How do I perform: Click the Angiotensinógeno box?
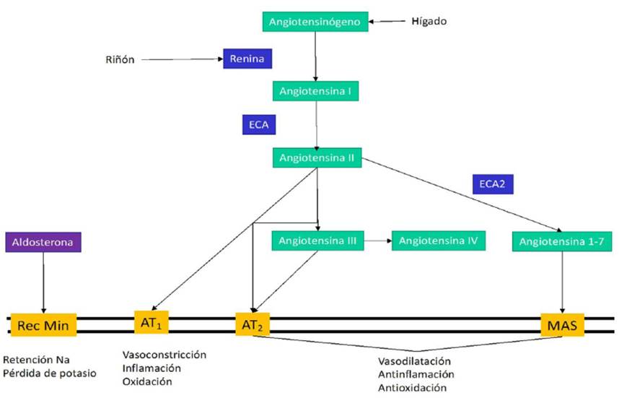[314, 22]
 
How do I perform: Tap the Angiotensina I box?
[315, 91]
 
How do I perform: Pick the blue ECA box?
[259, 124]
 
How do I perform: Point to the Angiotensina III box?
[316, 240]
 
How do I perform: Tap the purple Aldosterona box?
[43, 242]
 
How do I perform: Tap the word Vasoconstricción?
[164, 355]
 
